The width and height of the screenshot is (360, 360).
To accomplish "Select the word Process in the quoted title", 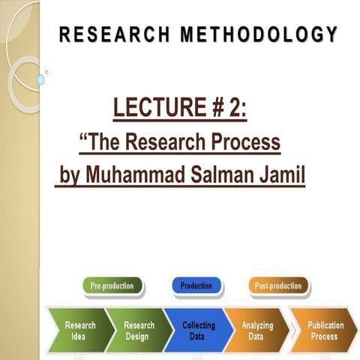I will click(x=244, y=142).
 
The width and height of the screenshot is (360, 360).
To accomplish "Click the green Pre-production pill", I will click(x=112, y=286).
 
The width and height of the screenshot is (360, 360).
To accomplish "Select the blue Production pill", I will click(x=196, y=286).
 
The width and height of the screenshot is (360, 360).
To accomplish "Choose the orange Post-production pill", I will click(x=277, y=286).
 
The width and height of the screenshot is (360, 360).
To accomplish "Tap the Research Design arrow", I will click(x=139, y=330).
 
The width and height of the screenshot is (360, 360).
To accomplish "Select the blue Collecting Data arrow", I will click(x=198, y=330).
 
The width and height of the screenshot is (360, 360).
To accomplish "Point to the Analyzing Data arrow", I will click(x=256, y=330).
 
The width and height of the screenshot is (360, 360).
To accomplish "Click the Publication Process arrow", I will click(x=324, y=330).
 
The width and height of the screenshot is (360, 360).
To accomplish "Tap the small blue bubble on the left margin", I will click(x=40, y=79).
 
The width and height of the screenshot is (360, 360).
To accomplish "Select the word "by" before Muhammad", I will click(x=69, y=176).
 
